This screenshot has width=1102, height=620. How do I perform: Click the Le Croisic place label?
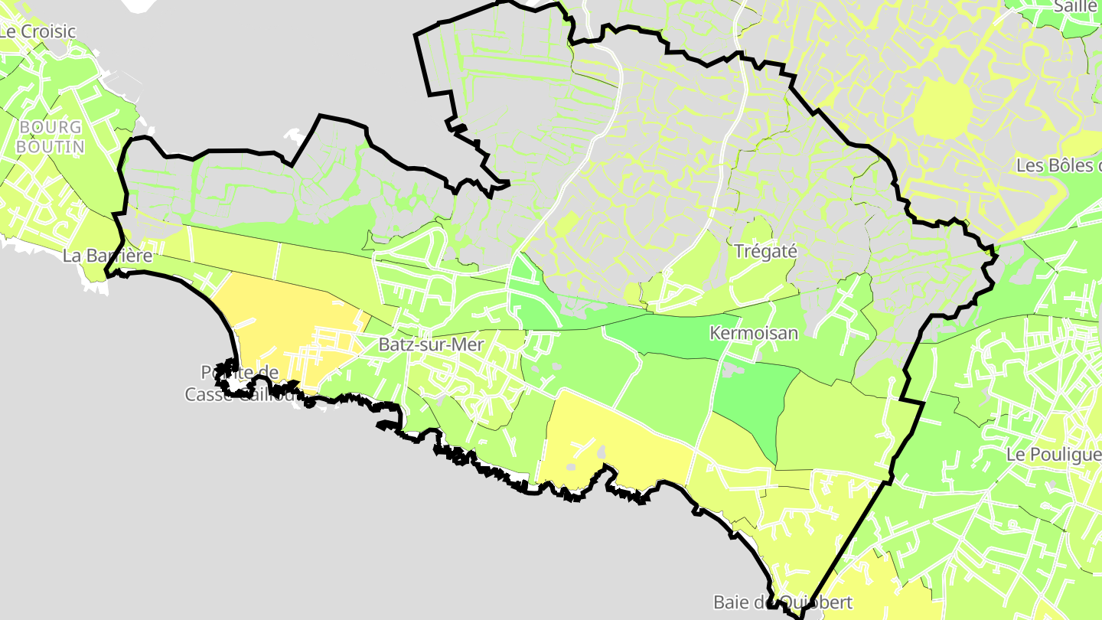(x=38, y=31)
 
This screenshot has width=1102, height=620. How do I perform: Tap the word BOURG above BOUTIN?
(x=51, y=127)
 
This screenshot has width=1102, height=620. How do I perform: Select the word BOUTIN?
(x=51, y=145)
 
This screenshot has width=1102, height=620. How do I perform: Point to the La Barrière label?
(x=107, y=256)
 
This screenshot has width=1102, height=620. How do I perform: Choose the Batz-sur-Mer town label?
(x=431, y=344)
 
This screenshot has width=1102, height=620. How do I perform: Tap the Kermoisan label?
(x=754, y=333)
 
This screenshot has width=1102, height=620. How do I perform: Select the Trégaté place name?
(x=765, y=250)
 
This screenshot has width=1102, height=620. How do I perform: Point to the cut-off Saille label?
(x=1075, y=6)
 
